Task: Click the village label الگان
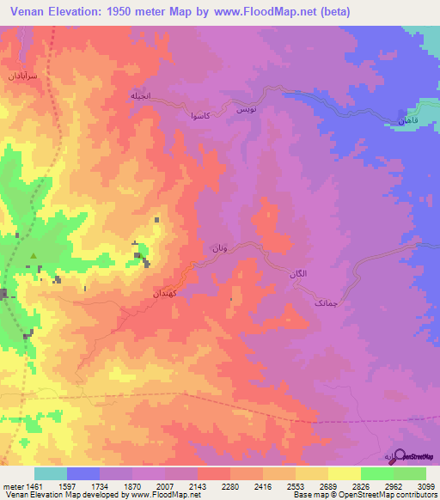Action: pyautogui.click(x=295, y=273)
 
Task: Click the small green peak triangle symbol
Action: pyautogui.click(x=34, y=256)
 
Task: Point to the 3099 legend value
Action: pyautogui.click(x=425, y=485)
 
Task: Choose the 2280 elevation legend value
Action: pyautogui.click(x=229, y=485)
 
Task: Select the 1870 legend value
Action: pyautogui.click(x=131, y=485)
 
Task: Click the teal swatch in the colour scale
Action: pyautogui.click(x=51, y=473)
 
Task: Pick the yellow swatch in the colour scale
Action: pyautogui.click(x=344, y=473)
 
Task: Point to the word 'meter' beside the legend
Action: pyautogui.click(x=12, y=485)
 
